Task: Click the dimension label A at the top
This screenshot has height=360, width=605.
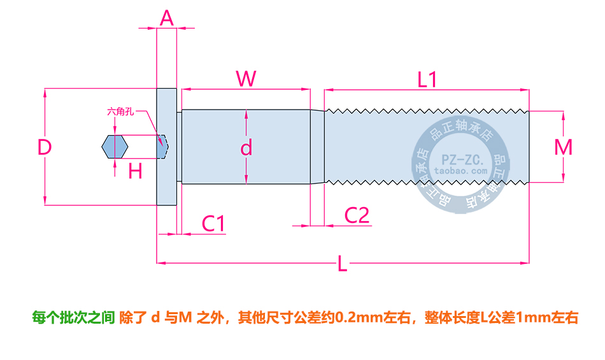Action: click(x=167, y=18)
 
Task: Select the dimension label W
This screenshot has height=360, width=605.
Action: click(x=246, y=78)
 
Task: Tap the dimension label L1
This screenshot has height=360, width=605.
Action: click(x=427, y=80)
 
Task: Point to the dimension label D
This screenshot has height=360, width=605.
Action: click(x=44, y=148)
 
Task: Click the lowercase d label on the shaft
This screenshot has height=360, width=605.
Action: click(x=246, y=148)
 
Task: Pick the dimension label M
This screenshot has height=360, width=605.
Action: click(x=563, y=147)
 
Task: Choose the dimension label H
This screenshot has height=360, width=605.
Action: click(x=135, y=171)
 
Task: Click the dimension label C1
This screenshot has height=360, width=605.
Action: click(x=213, y=224)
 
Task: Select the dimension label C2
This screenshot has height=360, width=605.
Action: click(x=357, y=215)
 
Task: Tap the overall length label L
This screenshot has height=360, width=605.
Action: click(x=343, y=264)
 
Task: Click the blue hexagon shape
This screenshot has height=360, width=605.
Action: click(x=115, y=147)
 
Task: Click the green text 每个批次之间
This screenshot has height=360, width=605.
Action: click(x=73, y=317)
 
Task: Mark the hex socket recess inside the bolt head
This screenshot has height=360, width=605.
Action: click(x=163, y=147)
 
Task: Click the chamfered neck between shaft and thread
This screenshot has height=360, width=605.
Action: click(x=318, y=147)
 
